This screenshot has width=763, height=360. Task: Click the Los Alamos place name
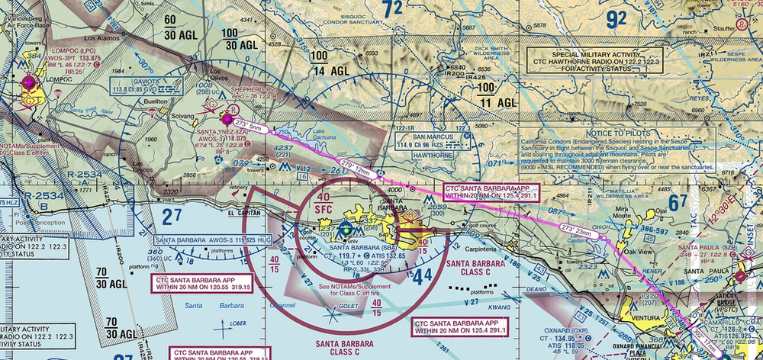point(102,37)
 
